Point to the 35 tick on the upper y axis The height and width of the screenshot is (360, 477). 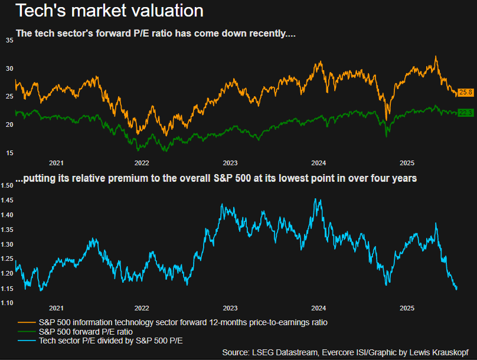click(9, 40)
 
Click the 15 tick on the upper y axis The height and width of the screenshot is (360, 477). click(9, 153)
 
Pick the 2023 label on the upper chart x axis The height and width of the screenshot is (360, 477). click(230, 162)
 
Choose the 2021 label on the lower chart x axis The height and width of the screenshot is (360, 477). click(56, 308)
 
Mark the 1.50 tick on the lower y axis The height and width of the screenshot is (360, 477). click(7, 186)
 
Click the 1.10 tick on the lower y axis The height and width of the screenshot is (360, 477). click(7, 303)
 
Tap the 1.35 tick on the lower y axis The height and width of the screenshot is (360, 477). click(7, 230)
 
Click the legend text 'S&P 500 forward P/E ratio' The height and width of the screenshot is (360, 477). click(86, 332)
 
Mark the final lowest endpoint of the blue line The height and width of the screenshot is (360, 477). click(456, 289)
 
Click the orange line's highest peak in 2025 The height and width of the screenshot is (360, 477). click(436, 57)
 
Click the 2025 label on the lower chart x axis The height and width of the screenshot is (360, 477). click(407, 308)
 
